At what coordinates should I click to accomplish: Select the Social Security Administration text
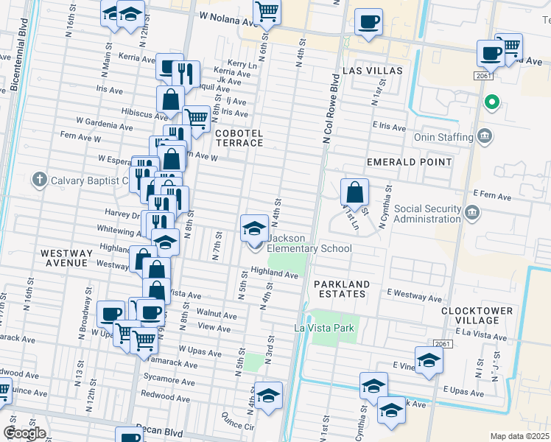428,214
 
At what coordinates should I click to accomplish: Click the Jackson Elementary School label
309,243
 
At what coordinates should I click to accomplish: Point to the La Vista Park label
325,328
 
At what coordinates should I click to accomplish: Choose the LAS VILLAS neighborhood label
373,71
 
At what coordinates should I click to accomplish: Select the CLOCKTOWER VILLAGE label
477,315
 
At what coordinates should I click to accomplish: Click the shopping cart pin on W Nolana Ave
266,12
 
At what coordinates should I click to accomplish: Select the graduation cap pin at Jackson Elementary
254,228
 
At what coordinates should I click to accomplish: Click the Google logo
24,433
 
